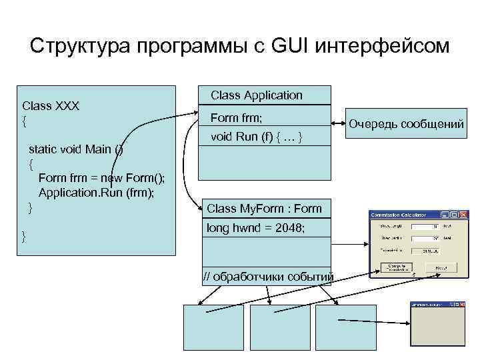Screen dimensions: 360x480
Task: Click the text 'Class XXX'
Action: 51,106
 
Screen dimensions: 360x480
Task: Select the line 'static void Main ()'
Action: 75,149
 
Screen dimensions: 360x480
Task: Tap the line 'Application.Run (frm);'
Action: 96,193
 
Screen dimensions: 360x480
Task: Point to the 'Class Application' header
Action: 257,95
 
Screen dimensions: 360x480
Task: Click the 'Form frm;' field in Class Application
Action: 237,118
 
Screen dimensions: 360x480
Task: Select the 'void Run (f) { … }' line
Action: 257,138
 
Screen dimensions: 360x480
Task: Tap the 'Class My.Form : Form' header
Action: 264,209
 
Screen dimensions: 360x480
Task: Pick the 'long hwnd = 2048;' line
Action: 256,228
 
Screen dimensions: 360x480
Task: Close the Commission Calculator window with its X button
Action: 463,215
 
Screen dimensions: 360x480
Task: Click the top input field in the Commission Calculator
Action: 424,227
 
